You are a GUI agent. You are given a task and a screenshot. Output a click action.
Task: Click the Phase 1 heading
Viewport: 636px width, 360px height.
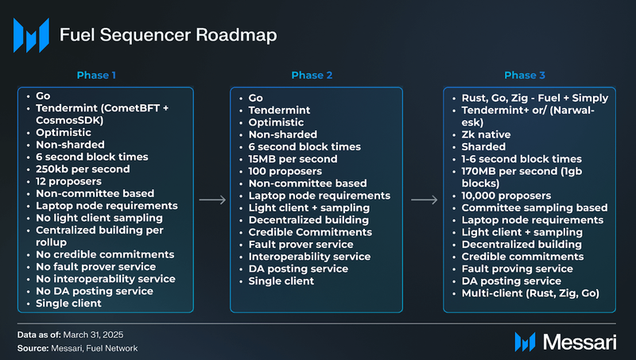(96, 75)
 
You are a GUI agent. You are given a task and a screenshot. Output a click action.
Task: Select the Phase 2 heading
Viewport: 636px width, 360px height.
(312, 75)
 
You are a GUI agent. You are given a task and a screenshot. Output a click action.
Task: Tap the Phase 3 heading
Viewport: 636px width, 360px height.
(525, 75)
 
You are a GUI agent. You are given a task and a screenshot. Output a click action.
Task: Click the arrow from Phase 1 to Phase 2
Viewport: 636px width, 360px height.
(212, 199)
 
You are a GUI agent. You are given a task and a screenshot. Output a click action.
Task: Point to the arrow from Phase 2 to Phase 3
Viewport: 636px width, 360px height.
(425, 199)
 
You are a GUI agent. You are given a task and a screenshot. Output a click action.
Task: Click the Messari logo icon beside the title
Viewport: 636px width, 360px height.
(31, 35)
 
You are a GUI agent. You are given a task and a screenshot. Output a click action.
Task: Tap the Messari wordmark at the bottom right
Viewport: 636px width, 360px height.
(580, 343)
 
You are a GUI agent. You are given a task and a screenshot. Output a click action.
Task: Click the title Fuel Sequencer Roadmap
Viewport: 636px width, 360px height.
(169, 35)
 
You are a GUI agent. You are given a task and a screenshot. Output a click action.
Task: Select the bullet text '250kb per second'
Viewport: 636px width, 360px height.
(83, 169)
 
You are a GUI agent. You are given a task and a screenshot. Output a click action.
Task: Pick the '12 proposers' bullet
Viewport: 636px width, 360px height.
(68, 181)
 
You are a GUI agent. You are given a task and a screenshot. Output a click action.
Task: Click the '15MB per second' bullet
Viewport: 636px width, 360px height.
(293, 159)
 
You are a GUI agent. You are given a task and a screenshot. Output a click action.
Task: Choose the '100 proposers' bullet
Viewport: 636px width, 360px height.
(285, 171)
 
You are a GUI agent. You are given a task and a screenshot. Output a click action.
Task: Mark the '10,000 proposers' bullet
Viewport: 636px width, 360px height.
(506, 195)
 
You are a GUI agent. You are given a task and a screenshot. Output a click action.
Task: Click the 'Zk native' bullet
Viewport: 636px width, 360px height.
(486, 134)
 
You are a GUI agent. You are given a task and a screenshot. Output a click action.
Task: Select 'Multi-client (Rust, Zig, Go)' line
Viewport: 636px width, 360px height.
(530, 293)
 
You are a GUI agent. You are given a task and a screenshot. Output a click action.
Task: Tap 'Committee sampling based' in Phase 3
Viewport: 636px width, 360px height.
(534, 207)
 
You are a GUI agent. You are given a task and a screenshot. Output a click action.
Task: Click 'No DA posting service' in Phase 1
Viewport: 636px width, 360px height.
(95, 291)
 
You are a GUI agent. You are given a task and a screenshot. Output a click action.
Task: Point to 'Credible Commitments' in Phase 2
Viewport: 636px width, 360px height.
(310, 232)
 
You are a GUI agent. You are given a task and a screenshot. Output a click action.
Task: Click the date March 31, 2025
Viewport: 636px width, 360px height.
(93, 335)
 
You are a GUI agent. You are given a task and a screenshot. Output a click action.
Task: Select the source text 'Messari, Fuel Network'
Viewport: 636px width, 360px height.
(94, 348)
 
